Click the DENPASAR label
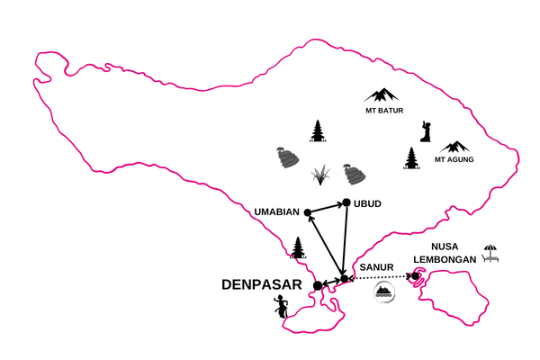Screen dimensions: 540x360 pyautogui.click(x=262, y=285)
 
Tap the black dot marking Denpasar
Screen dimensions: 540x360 pyautogui.click(x=318, y=285)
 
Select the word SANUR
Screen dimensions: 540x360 pyautogui.click(x=376, y=267)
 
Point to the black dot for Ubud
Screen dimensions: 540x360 pyautogui.click(x=346, y=202)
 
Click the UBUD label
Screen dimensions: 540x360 pyautogui.click(x=367, y=204)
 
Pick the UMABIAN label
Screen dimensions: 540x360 pyautogui.click(x=276, y=211)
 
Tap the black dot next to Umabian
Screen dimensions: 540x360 pyautogui.click(x=308, y=212)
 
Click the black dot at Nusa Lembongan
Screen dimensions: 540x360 pyautogui.click(x=415, y=276)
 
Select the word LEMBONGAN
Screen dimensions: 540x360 pyautogui.click(x=445, y=259)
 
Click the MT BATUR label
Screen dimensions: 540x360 pyautogui.click(x=384, y=111)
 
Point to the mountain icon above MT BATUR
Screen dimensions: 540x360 pyautogui.click(x=382, y=95)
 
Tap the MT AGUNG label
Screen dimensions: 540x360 pyautogui.click(x=454, y=159)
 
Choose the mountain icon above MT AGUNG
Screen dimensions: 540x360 pyautogui.click(x=454, y=147)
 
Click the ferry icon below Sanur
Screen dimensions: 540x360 pyautogui.click(x=384, y=292)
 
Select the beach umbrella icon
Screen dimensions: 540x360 pyautogui.click(x=490, y=253)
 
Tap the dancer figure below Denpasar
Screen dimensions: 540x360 pyautogui.click(x=281, y=307)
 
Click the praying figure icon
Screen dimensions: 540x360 pyautogui.click(x=426, y=131)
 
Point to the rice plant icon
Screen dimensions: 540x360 pyautogui.click(x=320, y=175)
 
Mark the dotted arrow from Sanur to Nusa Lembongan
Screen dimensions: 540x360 pyautogui.click(x=380, y=276)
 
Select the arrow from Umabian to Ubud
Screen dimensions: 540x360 pyautogui.click(x=325, y=208)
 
